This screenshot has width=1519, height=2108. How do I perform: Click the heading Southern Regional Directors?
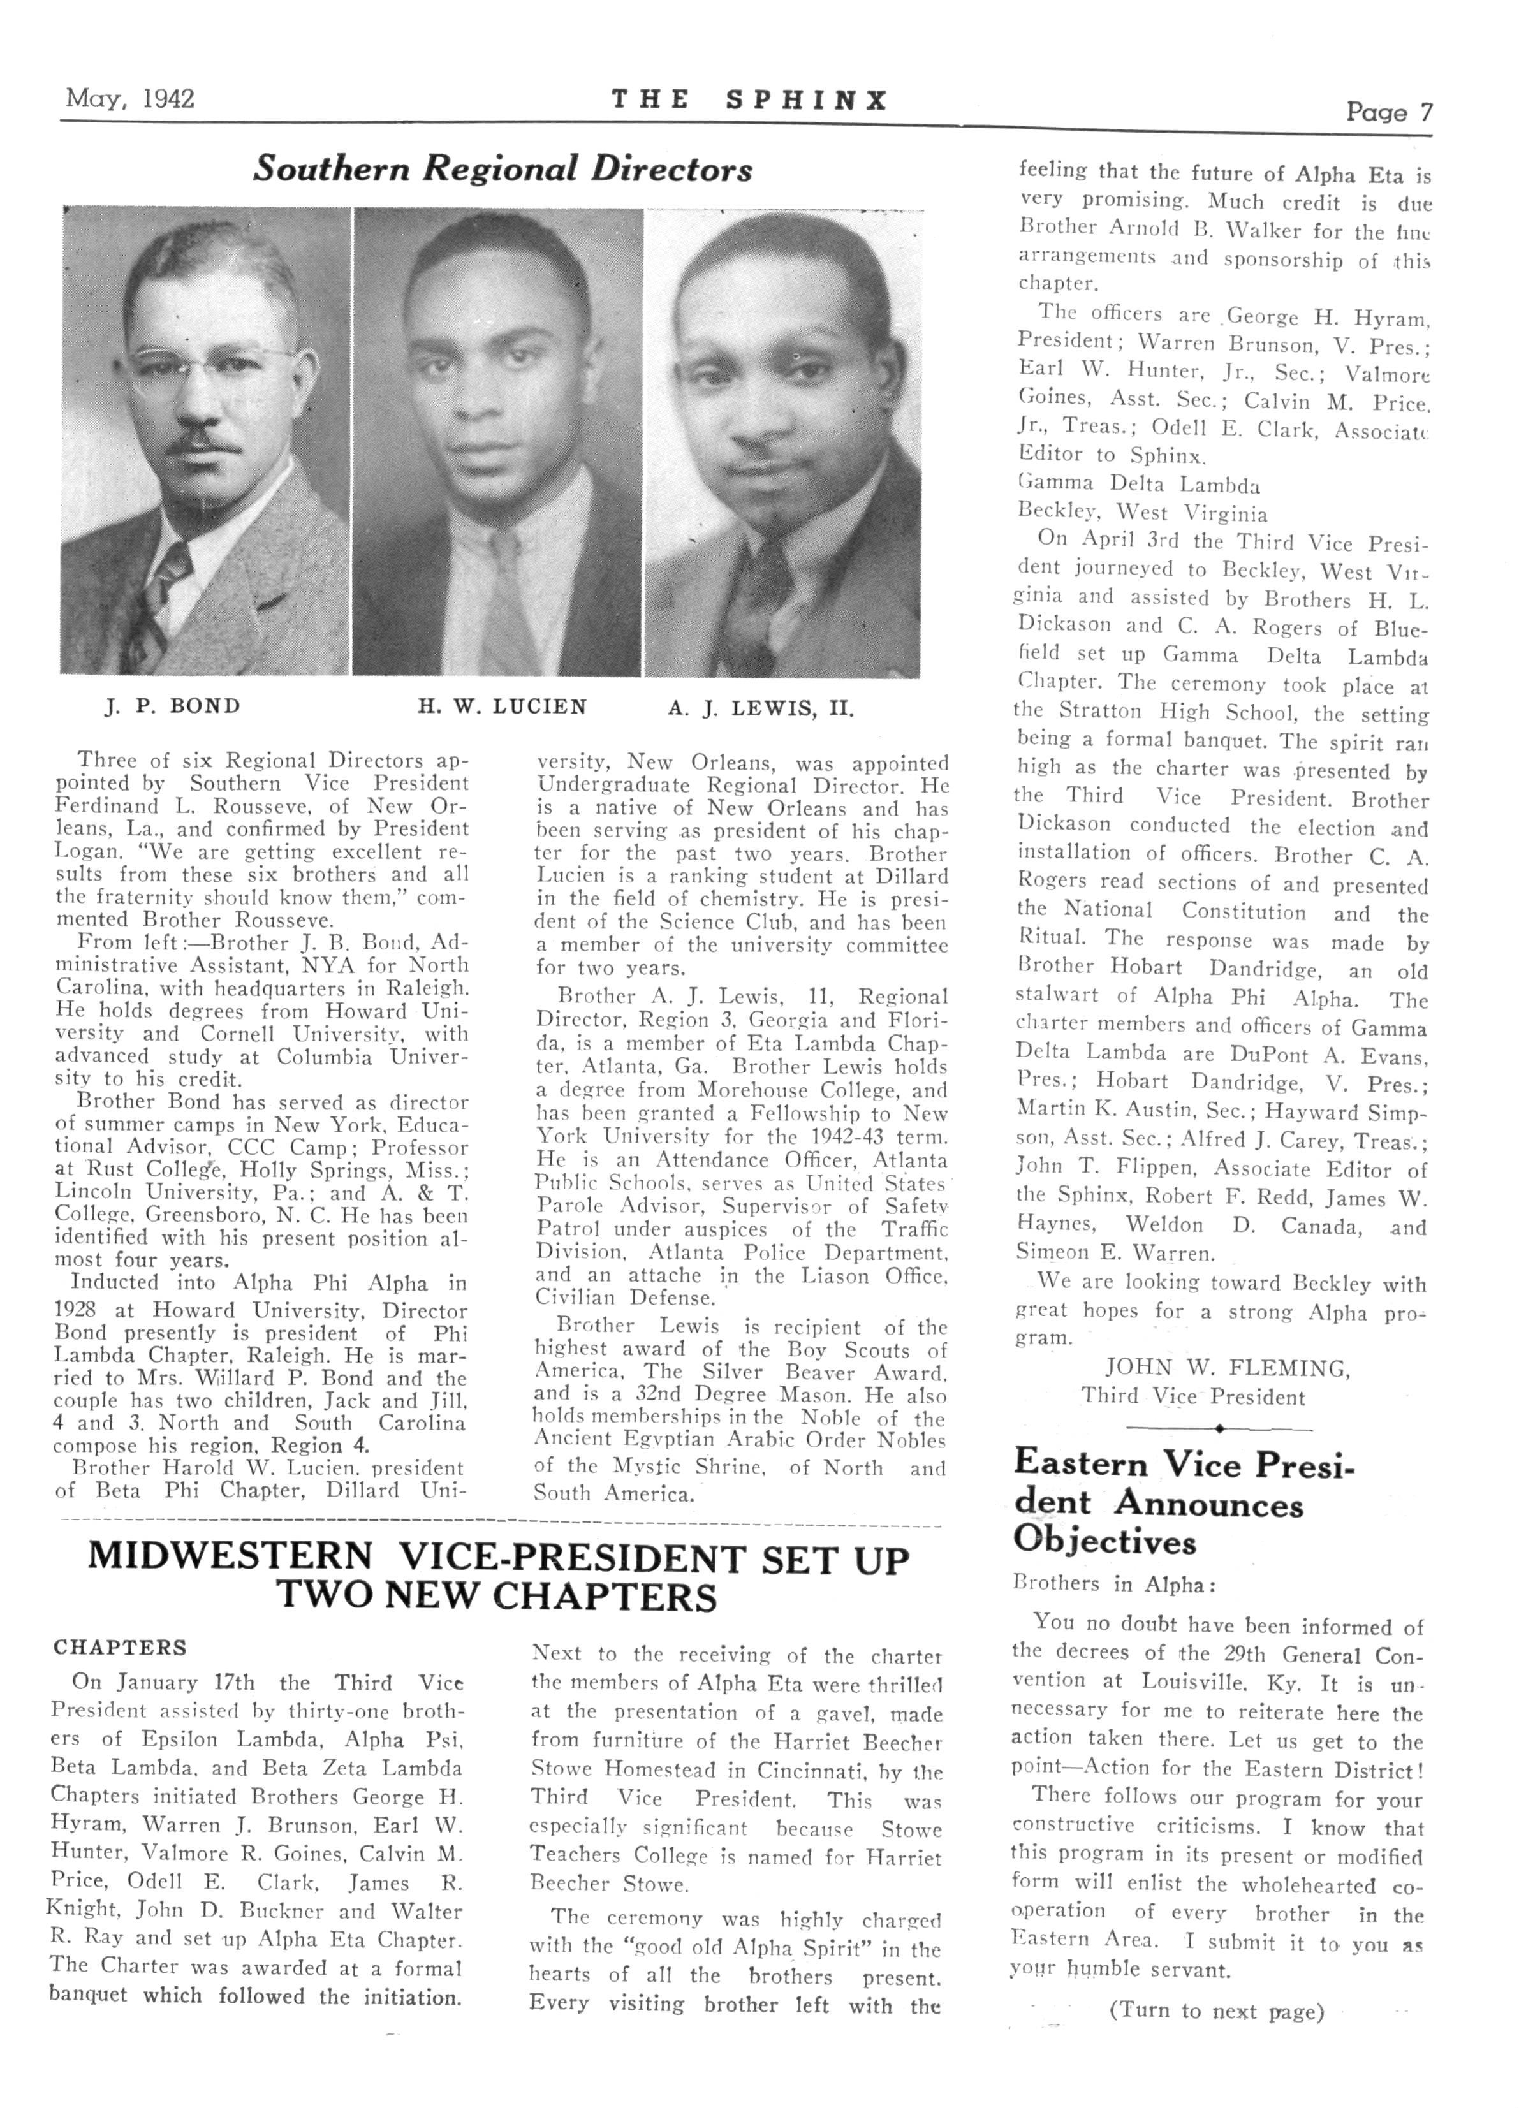502,169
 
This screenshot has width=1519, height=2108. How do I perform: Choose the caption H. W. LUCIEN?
501,706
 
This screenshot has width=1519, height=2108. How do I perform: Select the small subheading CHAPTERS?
120,1647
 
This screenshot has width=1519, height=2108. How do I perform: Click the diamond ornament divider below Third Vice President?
1218,1428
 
